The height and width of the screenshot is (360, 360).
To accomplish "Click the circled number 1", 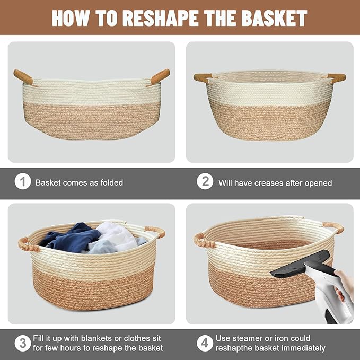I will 22,182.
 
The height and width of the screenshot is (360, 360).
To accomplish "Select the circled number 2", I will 205,182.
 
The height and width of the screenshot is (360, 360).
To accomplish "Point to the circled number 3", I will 22,343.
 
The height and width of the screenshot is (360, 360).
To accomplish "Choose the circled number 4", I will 205,343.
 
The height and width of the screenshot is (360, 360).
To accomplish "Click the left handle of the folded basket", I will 23,77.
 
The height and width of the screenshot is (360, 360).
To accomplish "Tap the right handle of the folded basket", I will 160,76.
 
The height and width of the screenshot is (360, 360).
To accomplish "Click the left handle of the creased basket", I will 202,77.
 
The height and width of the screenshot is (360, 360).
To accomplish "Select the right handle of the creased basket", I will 337,78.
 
